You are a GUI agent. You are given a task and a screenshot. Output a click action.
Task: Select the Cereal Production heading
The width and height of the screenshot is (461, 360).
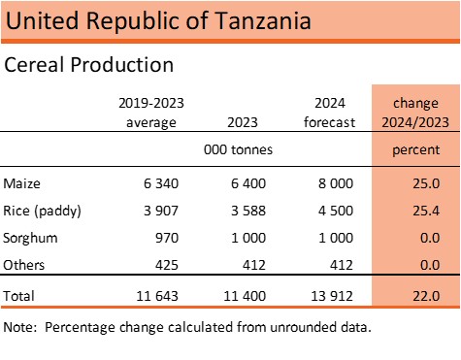(x=89, y=65)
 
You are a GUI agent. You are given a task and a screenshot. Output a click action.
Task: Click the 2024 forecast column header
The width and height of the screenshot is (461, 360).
(x=331, y=112)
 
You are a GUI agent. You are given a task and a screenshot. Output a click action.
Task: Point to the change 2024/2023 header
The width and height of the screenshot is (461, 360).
(x=415, y=112)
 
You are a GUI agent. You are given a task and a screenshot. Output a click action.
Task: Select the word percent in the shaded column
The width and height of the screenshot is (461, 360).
(x=415, y=150)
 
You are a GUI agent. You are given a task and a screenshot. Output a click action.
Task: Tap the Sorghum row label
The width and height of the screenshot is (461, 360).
(x=28, y=238)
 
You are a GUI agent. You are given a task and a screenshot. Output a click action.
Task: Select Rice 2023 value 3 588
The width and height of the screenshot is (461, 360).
(x=245, y=211)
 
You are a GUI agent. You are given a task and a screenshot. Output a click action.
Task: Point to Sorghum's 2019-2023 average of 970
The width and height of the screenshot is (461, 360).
(x=170, y=238)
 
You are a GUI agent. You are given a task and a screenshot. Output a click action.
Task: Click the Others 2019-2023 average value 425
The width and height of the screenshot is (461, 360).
(x=170, y=265)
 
